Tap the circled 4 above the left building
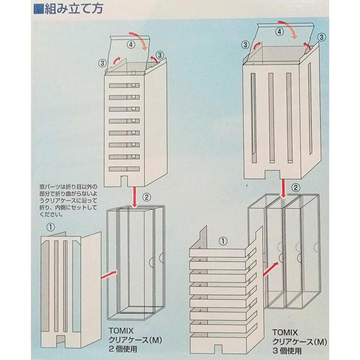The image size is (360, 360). tap(131, 44)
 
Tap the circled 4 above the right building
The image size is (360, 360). tap(280, 31)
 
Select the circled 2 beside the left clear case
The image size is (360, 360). tap(147, 197)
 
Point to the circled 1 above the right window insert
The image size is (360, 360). tap(223, 240)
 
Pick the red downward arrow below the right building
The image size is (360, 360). tap(283, 187)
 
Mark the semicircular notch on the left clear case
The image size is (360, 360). tap(162, 259)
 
